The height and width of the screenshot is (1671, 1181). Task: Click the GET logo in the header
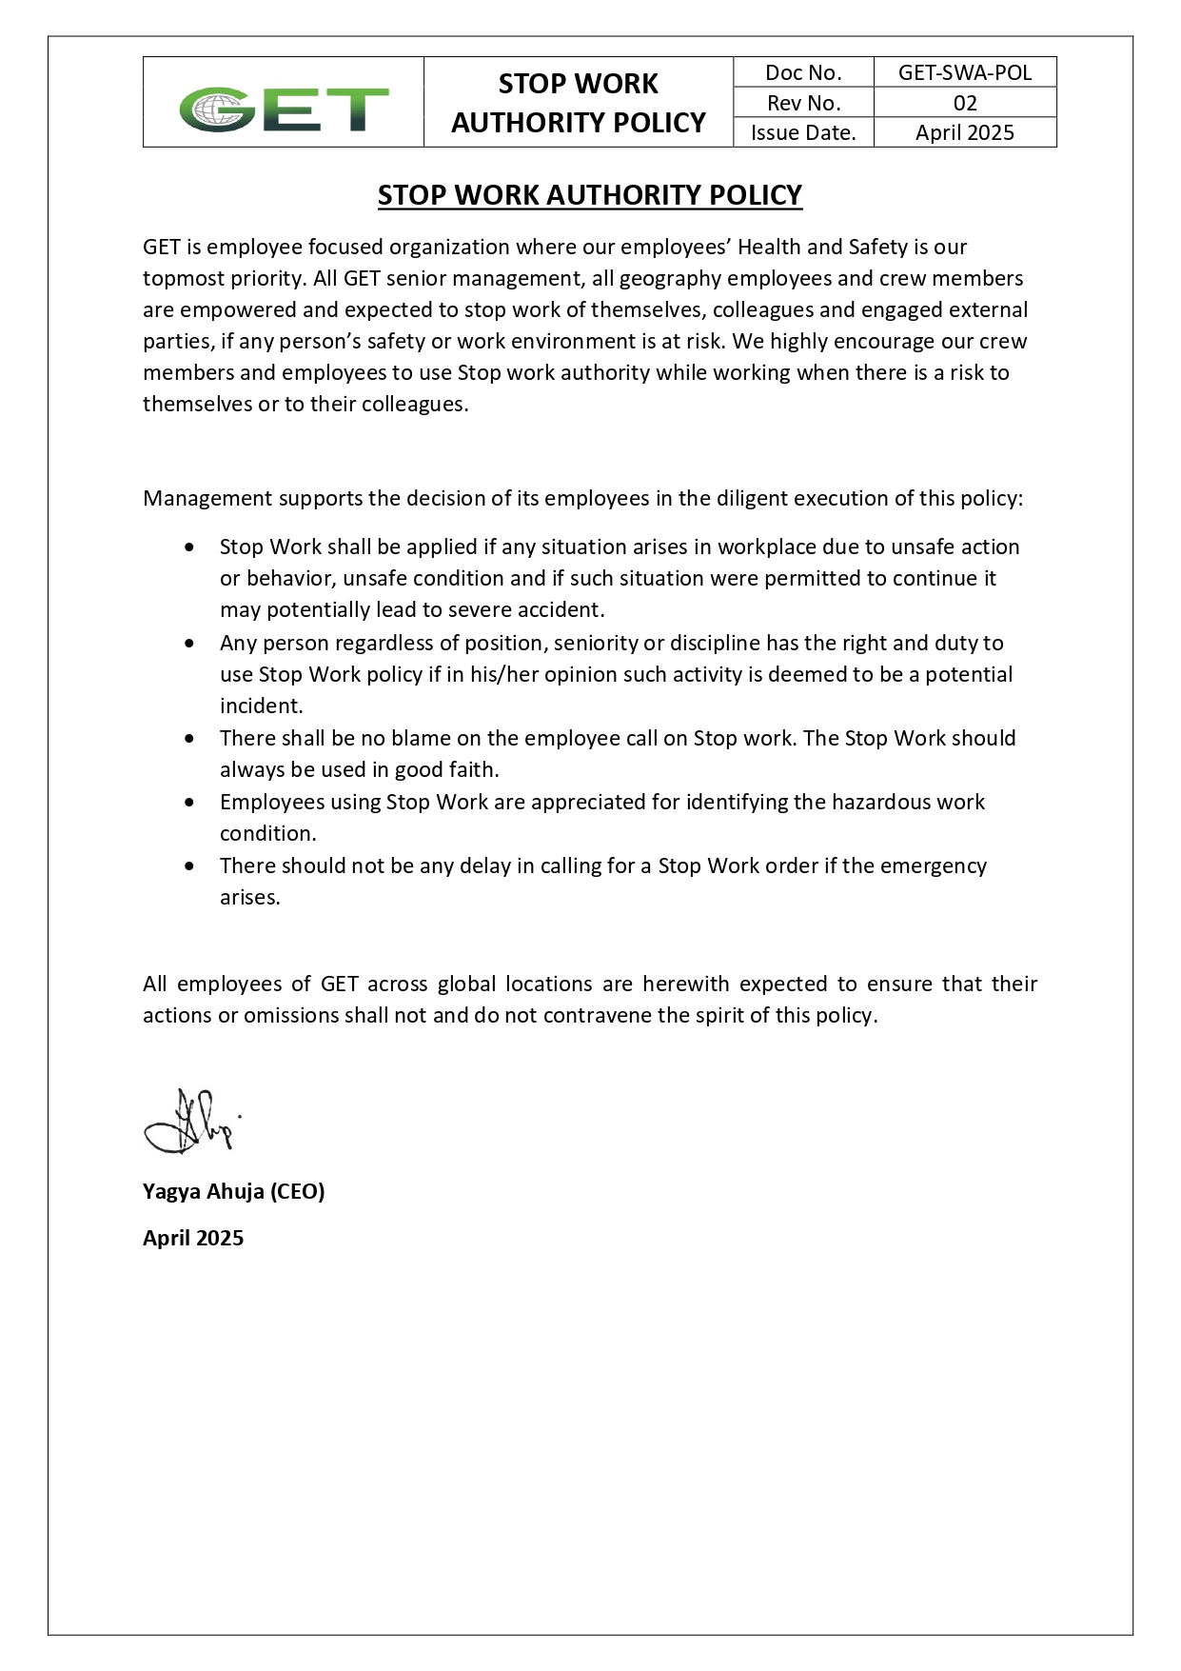point(284,109)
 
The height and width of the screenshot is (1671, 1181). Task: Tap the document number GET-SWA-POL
point(964,72)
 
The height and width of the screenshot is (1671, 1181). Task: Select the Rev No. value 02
point(964,103)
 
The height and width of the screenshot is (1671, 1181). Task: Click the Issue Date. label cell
point(803,132)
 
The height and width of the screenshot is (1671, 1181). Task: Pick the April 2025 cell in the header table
point(964,132)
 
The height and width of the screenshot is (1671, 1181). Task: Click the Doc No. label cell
point(803,72)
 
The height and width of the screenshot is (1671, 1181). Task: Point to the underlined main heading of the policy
point(590,195)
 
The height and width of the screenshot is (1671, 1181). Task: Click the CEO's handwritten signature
point(191,1123)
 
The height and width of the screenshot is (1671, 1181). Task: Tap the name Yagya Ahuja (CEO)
point(234,1191)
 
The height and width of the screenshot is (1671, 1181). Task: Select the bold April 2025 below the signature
point(193,1238)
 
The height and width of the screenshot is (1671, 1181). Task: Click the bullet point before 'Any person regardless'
point(191,644)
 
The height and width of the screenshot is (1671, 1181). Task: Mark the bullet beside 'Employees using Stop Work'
point(191,803)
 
